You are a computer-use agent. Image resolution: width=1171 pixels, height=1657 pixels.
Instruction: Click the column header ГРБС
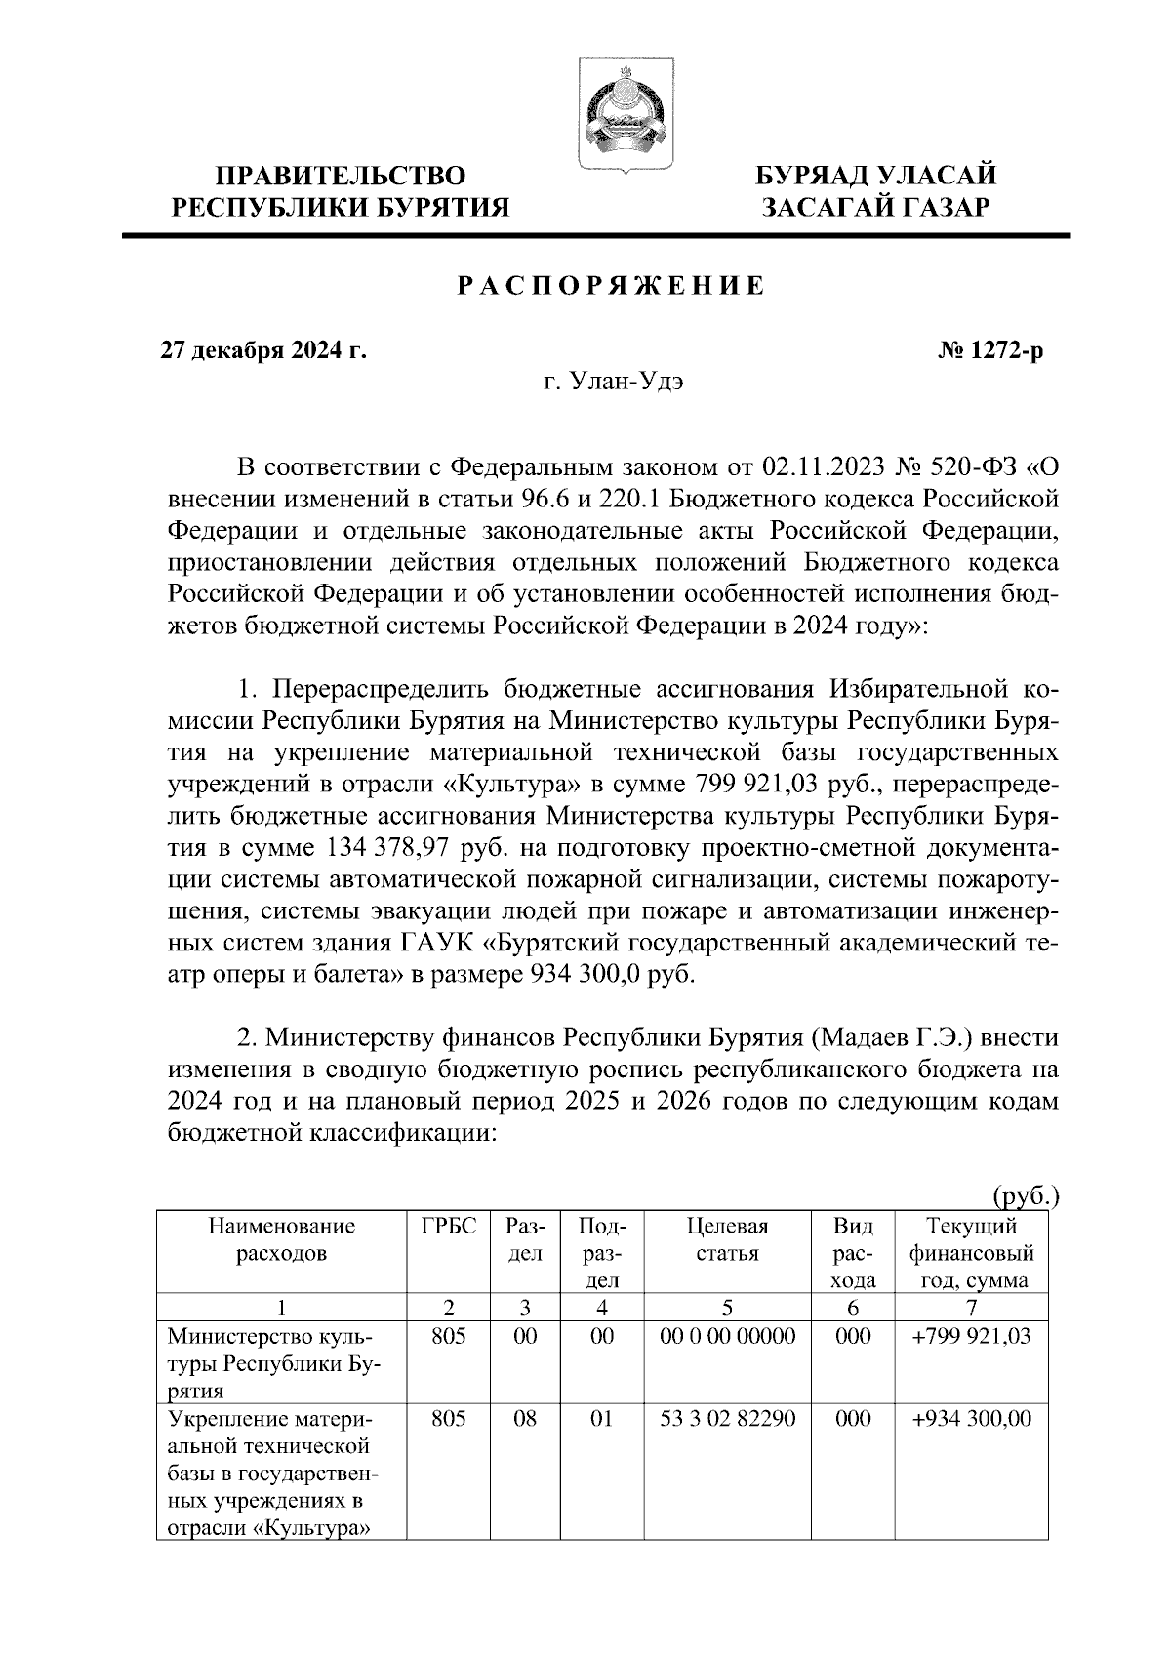[449, 1227]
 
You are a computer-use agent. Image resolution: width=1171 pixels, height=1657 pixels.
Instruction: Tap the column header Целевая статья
[727, 1239]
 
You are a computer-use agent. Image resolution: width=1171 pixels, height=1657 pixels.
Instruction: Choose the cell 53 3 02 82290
[728, 1418]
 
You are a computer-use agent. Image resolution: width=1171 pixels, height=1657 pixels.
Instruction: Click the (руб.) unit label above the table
[1025, 1195]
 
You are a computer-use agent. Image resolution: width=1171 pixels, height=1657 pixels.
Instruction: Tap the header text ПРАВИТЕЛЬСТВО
[341, 176]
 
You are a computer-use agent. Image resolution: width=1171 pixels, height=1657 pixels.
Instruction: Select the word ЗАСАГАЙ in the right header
[827, 207]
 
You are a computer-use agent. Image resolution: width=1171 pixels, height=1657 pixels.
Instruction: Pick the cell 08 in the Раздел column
[525, 1418]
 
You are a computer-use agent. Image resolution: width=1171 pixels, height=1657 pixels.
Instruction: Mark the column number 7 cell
[970, 1308]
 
